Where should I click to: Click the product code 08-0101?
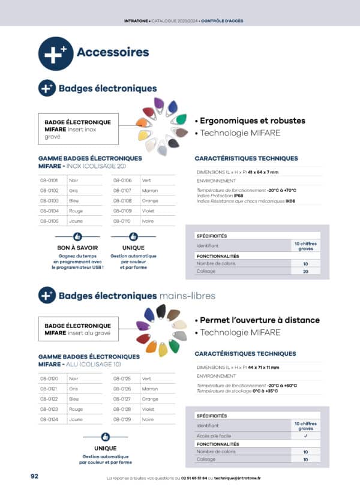[49, 180]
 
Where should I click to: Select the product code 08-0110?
[122, 221]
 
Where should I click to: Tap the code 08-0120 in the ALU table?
[49, 378]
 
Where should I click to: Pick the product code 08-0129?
[122, 419]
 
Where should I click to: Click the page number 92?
[35, 476]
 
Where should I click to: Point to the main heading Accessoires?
[113, 52]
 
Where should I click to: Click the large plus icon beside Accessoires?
[56, 53]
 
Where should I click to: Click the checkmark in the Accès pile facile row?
[305, 435]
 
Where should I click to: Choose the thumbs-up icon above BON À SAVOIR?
[77, 237]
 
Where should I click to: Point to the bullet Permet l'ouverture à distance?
[259, 320]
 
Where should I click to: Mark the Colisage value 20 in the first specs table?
[305, 271]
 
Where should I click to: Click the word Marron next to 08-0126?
[150, 389]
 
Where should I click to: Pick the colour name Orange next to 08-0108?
[150, 200]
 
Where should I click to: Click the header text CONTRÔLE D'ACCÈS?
[222, 21]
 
